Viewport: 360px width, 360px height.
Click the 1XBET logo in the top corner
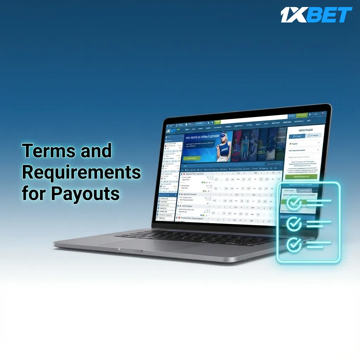(x=316, y=15)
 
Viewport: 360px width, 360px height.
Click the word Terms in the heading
(x=49, y=151)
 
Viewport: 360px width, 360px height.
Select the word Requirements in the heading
(x=81, y=172)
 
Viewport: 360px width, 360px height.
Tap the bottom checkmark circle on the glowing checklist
(x=294, y=245)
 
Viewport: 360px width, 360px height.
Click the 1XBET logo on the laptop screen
(x=171, y=130)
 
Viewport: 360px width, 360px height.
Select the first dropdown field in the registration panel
(x=304, y=143)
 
